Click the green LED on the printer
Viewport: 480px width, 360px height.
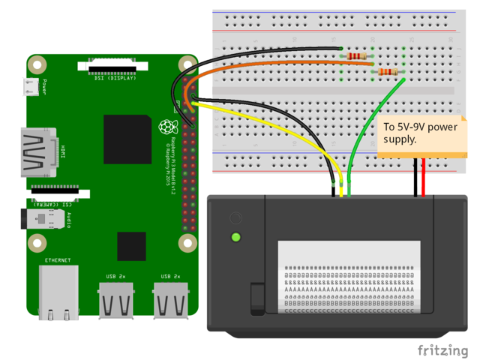236,238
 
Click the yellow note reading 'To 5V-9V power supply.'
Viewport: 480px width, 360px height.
420,133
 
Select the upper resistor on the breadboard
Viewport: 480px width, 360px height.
356,55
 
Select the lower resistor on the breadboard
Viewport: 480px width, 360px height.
387,72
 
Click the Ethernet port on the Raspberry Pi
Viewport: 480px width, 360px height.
58,292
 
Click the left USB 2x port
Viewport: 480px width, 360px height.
117,300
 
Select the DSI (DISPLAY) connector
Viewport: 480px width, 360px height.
110,68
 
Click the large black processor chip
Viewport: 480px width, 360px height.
127,139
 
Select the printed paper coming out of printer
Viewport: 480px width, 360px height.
349,277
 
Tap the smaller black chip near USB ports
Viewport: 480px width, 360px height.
131,246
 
